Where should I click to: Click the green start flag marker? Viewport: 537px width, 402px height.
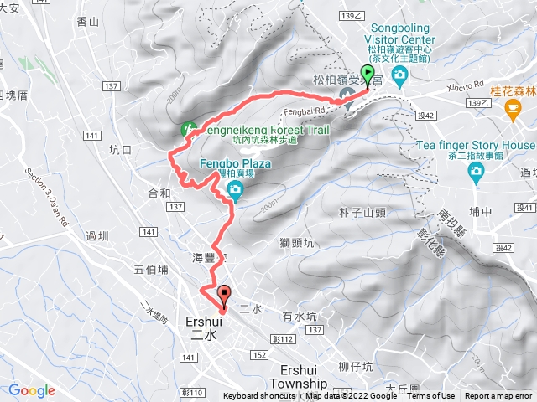coord(367,75)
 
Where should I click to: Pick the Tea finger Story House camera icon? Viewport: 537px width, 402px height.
coord(477,172)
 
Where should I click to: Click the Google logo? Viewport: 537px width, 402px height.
coord(32,390)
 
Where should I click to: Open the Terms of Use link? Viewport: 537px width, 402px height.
coord(430,396)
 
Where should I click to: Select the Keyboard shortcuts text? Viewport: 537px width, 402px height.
coord(259,396)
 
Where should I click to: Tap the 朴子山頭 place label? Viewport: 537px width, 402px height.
coord(362,213)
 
